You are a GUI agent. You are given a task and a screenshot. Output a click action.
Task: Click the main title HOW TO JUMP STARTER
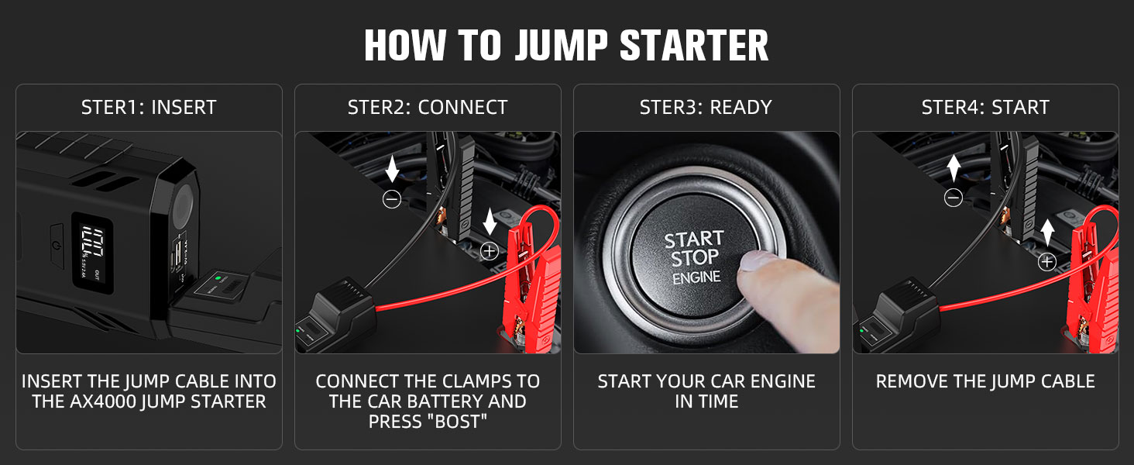coord(566,46)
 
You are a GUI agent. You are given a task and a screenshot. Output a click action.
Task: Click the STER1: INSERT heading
coord(149,108)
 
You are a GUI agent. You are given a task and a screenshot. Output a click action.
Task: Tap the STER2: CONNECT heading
coord(428,108)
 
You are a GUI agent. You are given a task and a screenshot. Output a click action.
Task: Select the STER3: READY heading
coord(706,108)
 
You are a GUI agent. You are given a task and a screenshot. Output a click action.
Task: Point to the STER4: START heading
coord(985,108)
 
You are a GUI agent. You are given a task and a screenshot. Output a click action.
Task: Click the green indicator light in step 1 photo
coord(218,277)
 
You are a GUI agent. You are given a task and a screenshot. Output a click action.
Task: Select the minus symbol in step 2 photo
coord(392,199)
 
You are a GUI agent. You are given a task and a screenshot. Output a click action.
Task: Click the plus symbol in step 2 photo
coord(489,250)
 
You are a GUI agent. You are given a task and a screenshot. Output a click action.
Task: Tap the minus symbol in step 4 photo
coord(953,198)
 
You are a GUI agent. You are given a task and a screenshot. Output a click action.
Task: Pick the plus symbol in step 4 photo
coord(1047,262)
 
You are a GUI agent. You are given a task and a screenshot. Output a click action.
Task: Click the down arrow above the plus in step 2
coord(489,222)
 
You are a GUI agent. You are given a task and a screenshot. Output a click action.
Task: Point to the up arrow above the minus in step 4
coord(953,167)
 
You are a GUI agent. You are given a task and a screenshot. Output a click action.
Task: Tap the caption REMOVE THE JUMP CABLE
coord(985,381)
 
